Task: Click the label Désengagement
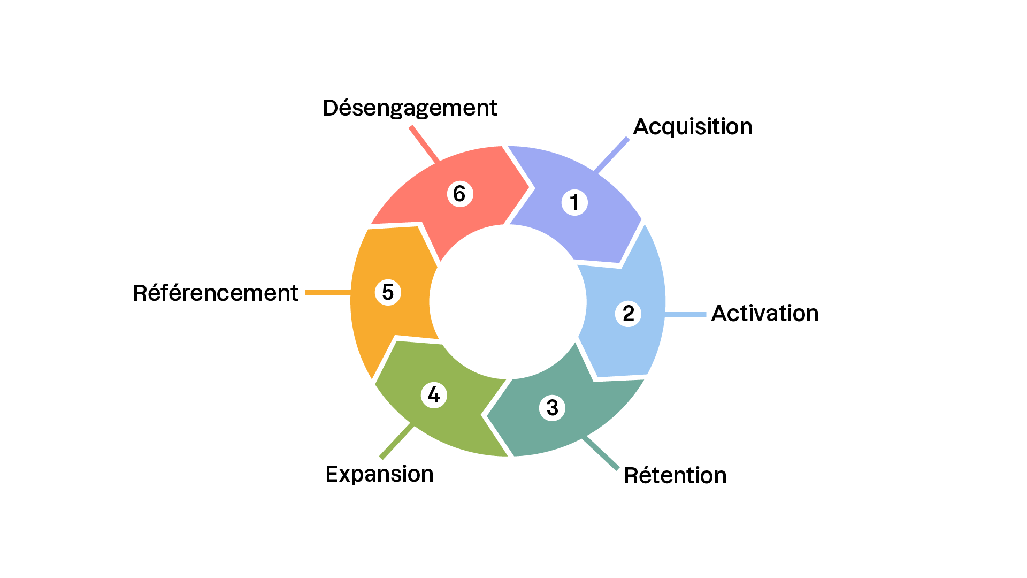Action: pos(410,108)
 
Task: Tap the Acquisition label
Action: pos(692,127)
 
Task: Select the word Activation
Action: pos(764,314)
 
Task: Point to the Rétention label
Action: pos(675,475)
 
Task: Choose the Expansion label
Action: pos(379,474)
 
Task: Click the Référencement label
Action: pos(216,293)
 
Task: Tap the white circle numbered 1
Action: pos(574,202)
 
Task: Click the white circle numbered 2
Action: pos(628,314)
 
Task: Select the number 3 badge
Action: pos(553,408)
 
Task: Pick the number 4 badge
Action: pos(434,395)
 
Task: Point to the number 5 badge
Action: pos(388,292)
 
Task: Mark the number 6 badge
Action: pos(459,194)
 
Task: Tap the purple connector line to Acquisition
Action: pos(612,155)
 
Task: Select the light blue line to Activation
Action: pos(686,315)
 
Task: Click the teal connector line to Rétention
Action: pos(601,453)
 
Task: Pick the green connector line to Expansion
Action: pos(396,442)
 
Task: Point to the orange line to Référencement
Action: pos(328,293)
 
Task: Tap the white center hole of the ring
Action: pos(508,301)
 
